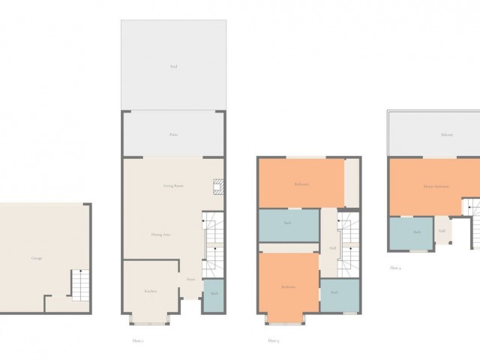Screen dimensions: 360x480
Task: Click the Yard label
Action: (x=173, y=67)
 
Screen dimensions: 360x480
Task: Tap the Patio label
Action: (x=173, y=135)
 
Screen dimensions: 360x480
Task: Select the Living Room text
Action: (x=174, y=185)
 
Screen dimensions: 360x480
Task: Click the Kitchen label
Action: (x=151, y=290)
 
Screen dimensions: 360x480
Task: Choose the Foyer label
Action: (x=191, y=280)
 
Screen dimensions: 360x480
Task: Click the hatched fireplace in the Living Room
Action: (x=217, y=186)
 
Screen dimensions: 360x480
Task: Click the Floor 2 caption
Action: (x=137, y=340)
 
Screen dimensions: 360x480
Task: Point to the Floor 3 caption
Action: (x=273, y=340)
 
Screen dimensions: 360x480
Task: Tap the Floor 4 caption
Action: (x=395, y=266)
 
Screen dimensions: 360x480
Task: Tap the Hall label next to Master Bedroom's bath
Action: (x=442, y=231)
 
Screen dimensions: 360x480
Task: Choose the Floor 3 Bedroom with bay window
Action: (x=288, y=287)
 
